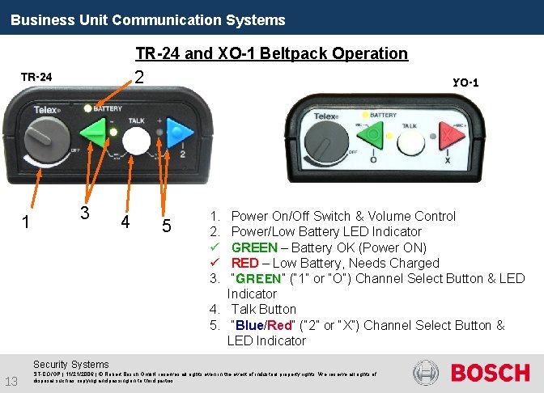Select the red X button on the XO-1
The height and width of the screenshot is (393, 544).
443,134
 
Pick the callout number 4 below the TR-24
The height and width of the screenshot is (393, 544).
125,221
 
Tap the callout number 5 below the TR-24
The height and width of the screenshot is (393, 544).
165,226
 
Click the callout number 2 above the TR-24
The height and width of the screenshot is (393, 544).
139,78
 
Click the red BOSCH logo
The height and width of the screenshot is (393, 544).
490,373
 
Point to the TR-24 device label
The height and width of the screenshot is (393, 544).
36,78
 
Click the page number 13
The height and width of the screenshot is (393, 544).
11,381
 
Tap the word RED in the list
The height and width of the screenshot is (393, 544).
244,263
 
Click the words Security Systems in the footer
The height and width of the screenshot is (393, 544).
72,365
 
